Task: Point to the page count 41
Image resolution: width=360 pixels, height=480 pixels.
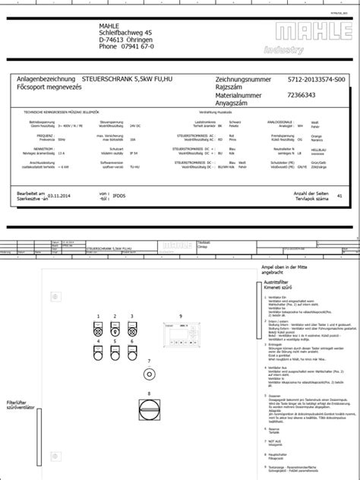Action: (339, 196)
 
